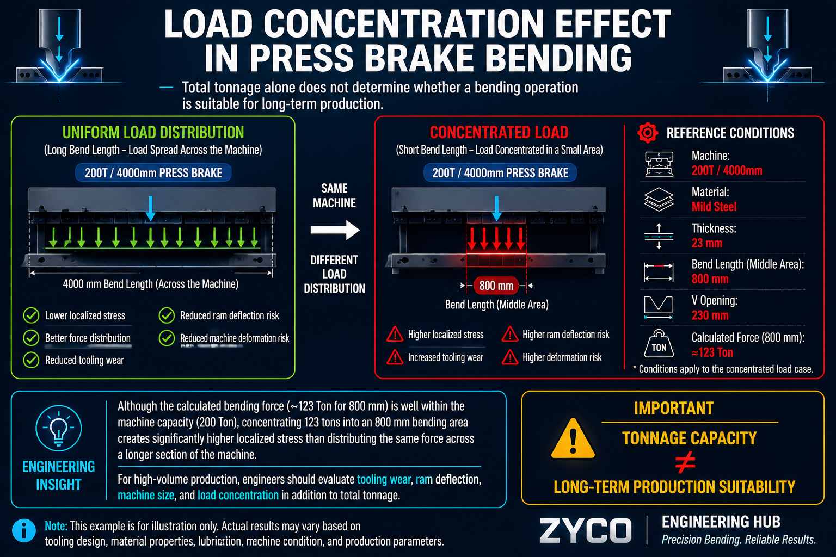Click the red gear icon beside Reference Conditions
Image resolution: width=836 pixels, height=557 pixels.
[x=648, y=133]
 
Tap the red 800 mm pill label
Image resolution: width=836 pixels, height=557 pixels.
[x=496, y=286]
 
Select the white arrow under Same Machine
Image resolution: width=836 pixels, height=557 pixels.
[x=335, y=230]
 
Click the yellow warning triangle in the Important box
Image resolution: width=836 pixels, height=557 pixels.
[x=573, y=438]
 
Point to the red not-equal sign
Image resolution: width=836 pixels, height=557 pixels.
[x=685, y=462]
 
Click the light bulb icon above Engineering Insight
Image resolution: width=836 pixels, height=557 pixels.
[x=59, y=428]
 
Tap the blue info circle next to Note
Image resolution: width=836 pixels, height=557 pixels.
[x=24, y=530]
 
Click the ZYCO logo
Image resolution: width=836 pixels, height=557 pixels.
[x=585, y=530]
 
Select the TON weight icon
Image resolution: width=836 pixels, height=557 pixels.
[x=659, y=344]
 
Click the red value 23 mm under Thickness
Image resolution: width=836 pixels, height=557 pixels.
[x=706, y=243]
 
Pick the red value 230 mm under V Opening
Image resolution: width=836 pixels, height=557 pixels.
[x=710, y=315]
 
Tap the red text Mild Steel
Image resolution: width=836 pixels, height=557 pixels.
[x=714, y=207]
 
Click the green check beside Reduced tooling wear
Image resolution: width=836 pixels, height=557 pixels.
[x=31, y=360]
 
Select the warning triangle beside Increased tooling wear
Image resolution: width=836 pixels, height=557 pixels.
[x=395, y=357]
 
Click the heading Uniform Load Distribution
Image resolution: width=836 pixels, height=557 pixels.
[x=153, y=132]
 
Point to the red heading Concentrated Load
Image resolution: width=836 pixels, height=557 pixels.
[x=499, y=132]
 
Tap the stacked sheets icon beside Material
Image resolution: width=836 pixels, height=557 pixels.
[x=659, y=199]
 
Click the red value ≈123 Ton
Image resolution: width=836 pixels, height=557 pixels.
[x=712, y=352]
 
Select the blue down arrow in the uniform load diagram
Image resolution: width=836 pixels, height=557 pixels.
[x=150, y=208]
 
